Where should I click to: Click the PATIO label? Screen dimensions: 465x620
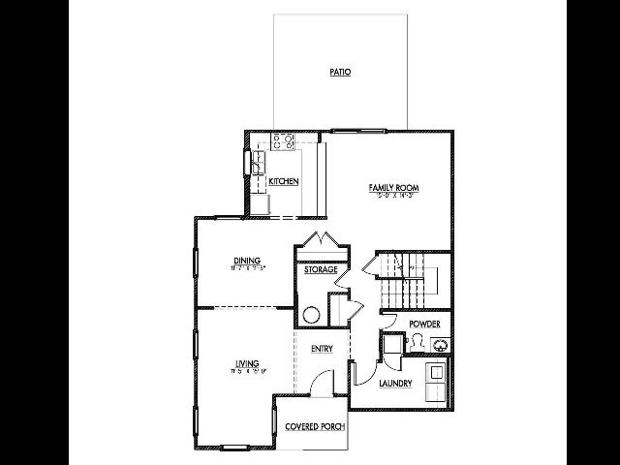pos(339,72)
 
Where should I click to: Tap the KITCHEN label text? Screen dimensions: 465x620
pos(283,181)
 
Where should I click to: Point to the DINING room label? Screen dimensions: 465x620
pos(247,260)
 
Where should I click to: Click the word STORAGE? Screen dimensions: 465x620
pos(321,269)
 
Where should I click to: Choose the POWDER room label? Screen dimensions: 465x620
pos(424,324)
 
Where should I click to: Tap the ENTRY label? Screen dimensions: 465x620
pos(323,349)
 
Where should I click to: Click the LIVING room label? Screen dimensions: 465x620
pos(246,364)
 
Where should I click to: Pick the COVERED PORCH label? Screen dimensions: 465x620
pos(315,426)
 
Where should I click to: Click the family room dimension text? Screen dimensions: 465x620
pos(392,195)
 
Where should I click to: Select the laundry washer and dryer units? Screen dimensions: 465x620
pos(437,380)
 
